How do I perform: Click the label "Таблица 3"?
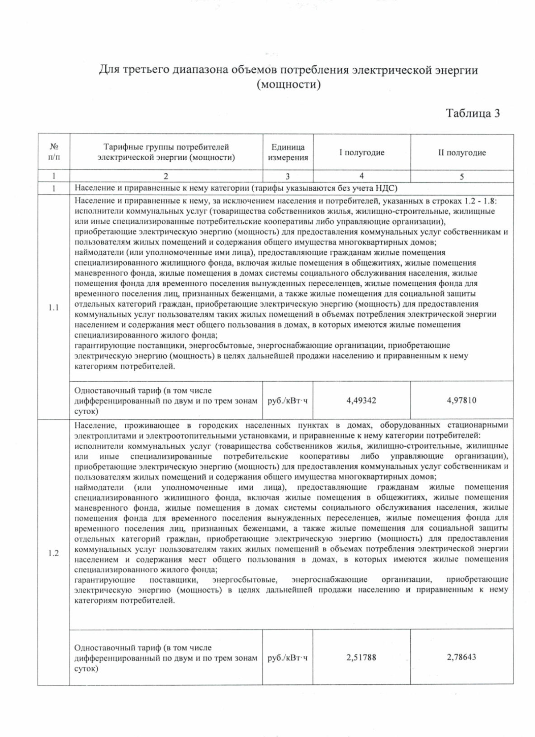click(x=473, y=113)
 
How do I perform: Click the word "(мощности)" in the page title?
click(x=289, y=84)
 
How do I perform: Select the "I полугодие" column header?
click(x=362, y=153)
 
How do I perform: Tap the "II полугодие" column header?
click(x=461, y=153)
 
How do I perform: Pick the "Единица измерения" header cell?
click(x=288, y=153)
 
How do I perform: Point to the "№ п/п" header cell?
click(x=53, y=152)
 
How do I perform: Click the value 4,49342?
click(x=361, y=400)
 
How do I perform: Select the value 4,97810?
click(x=461, y=400)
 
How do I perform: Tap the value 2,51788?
click(x=361, y=657)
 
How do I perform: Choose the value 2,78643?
click(x=461, y=657)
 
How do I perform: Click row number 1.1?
click(x=53, y=308)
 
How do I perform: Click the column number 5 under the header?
click(x=461, y=176)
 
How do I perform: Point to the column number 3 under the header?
click(x=288, y=176)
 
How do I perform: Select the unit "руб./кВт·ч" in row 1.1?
click(x=288, y=400)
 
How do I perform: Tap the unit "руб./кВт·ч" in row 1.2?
click(x=288, y=658)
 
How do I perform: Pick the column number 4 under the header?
click(x=362, y=176)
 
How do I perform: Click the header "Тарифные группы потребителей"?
click(x=166, y=147)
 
